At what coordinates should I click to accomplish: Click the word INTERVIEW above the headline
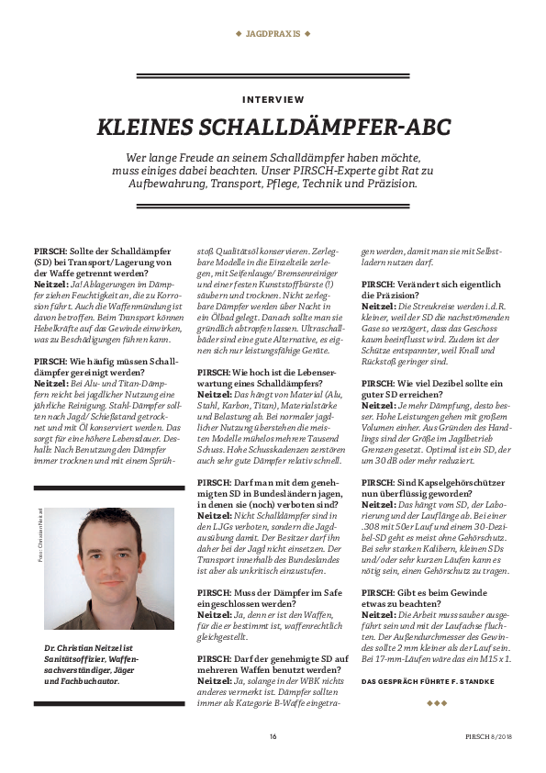click(x=273, y=98)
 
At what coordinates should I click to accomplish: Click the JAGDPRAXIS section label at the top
click(x=273, y=33)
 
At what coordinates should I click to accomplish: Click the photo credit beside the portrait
click(x=40, y=542)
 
